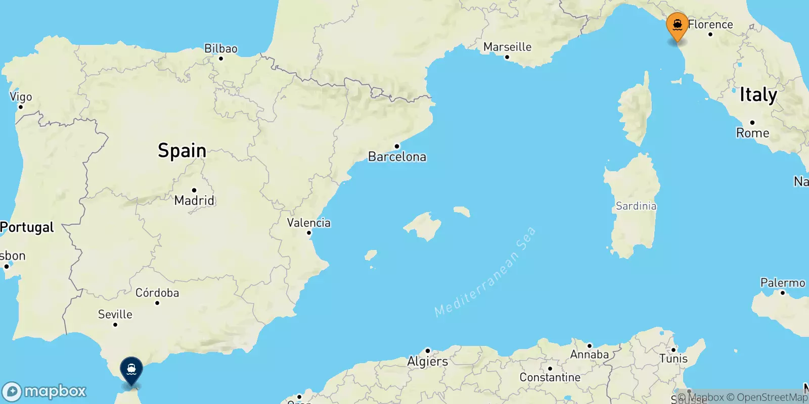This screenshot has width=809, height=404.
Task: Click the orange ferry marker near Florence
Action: pos(677,25)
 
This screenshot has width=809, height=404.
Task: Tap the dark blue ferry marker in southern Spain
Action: pos(131,370)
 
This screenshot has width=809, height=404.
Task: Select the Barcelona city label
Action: pos(397,157)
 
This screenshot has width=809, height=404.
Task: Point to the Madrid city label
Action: pos(194,200)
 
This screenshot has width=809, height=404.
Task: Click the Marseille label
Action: pos(507,47)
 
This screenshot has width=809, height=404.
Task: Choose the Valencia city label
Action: pos(308,223)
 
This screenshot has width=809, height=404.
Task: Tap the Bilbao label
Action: pos(220,48)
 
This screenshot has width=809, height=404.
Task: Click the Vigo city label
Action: pos(21,97)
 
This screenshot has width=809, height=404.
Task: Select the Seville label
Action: pos(115,314)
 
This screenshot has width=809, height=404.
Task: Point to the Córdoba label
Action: pos(157,293)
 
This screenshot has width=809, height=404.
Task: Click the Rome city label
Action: pos(752,133)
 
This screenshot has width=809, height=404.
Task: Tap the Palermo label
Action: pos(782,283)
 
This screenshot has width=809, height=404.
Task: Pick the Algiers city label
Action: pos(427,361)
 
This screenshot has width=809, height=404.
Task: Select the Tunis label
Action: pos(673,359)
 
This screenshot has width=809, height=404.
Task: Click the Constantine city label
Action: pos(550,377)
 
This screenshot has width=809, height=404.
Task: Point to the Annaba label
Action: pos(589,355)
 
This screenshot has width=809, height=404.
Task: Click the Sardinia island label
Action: pos(636,206)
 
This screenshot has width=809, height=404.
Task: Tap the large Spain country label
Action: pos(182,150)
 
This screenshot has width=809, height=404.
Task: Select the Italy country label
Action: pos(758,95)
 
